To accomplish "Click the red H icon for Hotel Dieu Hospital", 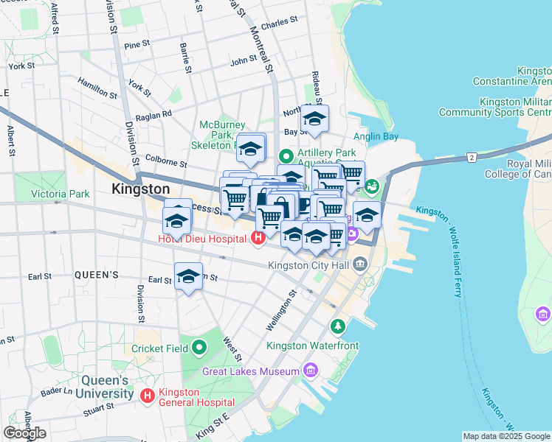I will (258, 238).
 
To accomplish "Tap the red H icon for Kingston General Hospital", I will (148, 396).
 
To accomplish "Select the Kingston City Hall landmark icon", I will (359, 264).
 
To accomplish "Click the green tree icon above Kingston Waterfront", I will (337, 326).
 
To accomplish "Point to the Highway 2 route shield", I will (471, 157).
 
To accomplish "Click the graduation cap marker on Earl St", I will (189, 277).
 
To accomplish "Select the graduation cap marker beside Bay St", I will (315, 119).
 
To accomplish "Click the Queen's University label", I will (104, 387).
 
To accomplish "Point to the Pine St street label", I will (137, 46).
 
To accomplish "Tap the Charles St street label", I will (279, 23).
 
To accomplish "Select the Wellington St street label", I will (282, 309).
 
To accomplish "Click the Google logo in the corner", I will (24, 433).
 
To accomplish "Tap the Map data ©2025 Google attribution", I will (506, 436).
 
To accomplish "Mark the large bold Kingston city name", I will (141, 189).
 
